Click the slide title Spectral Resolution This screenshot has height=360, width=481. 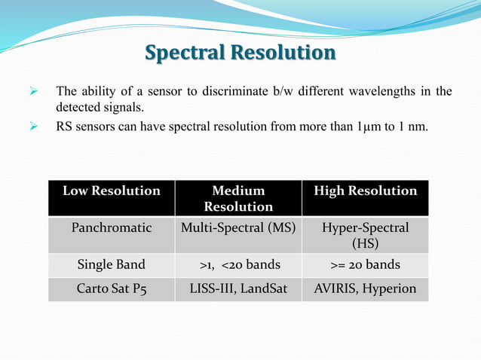click(x=240, y=53)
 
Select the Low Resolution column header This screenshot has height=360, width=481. click(x=112, y=191)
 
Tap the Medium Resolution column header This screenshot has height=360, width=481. click(x=238, y=199)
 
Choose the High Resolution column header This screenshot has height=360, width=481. click(x=365, y=191)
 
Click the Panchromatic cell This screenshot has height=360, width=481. click(x=112, y=227)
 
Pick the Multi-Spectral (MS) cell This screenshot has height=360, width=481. click(x=238, y=227)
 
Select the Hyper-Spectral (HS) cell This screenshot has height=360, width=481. click(x=365, y=235)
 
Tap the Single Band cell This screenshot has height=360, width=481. click(x=112, y=265)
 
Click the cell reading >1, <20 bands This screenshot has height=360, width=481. click(x=238, y=265)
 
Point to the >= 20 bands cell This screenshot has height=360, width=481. click(x=365, y=265)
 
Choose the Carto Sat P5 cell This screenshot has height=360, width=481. click(x=112, y=288)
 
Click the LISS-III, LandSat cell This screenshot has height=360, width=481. click(x=238, y=288)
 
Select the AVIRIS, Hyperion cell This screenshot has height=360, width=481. click(x=365, y=288)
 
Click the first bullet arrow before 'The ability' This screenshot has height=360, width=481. click(x=32, y=92)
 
